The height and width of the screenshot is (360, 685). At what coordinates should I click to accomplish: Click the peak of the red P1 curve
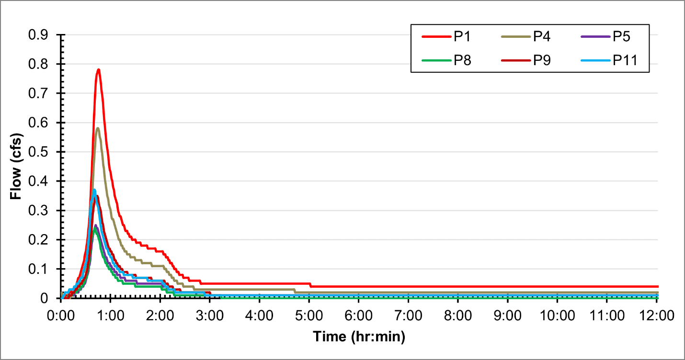tap(98, 70)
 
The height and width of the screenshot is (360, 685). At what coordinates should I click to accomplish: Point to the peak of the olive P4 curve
tap(98, 128)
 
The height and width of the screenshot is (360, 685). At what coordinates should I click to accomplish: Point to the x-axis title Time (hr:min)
tap(359, 337)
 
